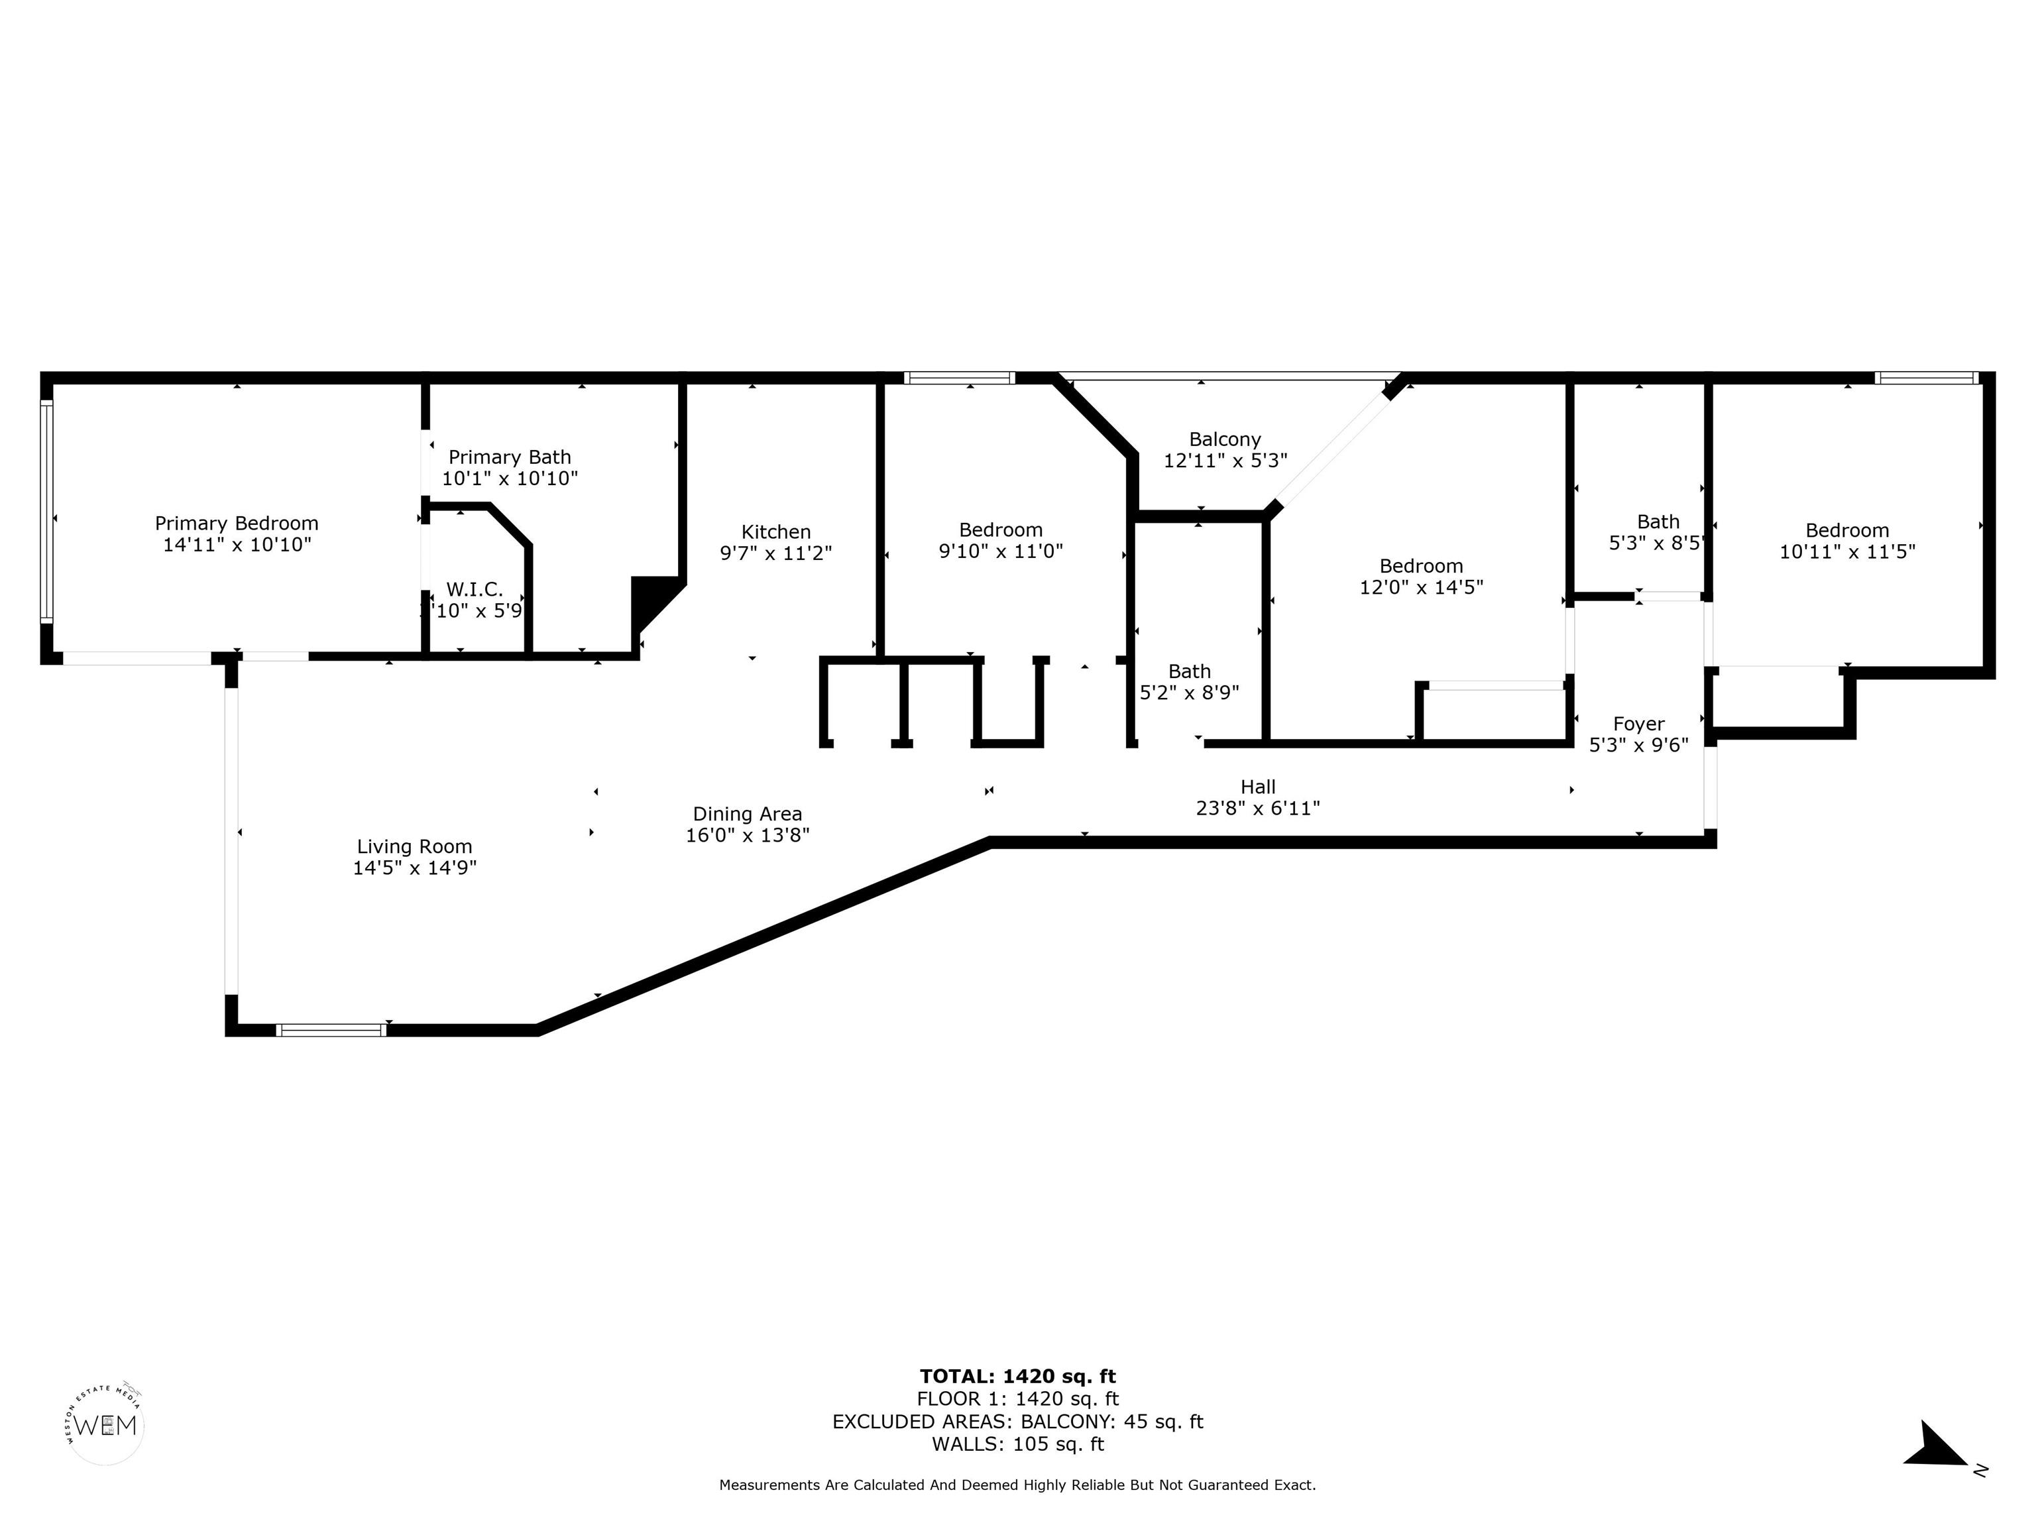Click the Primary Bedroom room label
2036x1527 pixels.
tap(237, 524)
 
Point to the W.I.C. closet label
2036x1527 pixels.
tap(474, 590)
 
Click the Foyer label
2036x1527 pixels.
tap(1638, 724)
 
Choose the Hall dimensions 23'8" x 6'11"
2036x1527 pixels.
tap(1257, 808)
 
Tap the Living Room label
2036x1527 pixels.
tap(414, 847)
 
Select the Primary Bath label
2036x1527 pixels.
tap(509, 457)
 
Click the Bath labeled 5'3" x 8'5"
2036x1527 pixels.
tap(1658, 522)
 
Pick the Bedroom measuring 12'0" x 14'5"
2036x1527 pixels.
tap(1420, 566)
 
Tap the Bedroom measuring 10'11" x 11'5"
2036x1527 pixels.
tap(1846, 530)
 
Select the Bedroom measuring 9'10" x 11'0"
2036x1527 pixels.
tap(1001, 530)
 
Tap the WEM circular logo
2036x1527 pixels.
tap(106, 1426)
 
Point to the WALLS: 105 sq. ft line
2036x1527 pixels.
tap(1017, 1444)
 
